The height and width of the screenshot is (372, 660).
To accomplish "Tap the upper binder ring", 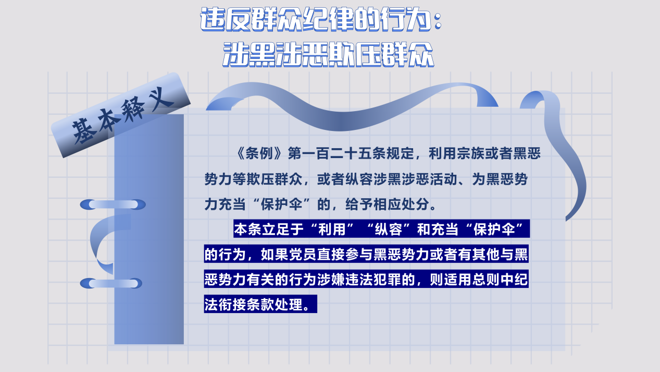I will pyautogui.click(x=113, y=205).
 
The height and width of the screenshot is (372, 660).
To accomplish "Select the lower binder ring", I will pyautogui.click(x=111, y=283).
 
